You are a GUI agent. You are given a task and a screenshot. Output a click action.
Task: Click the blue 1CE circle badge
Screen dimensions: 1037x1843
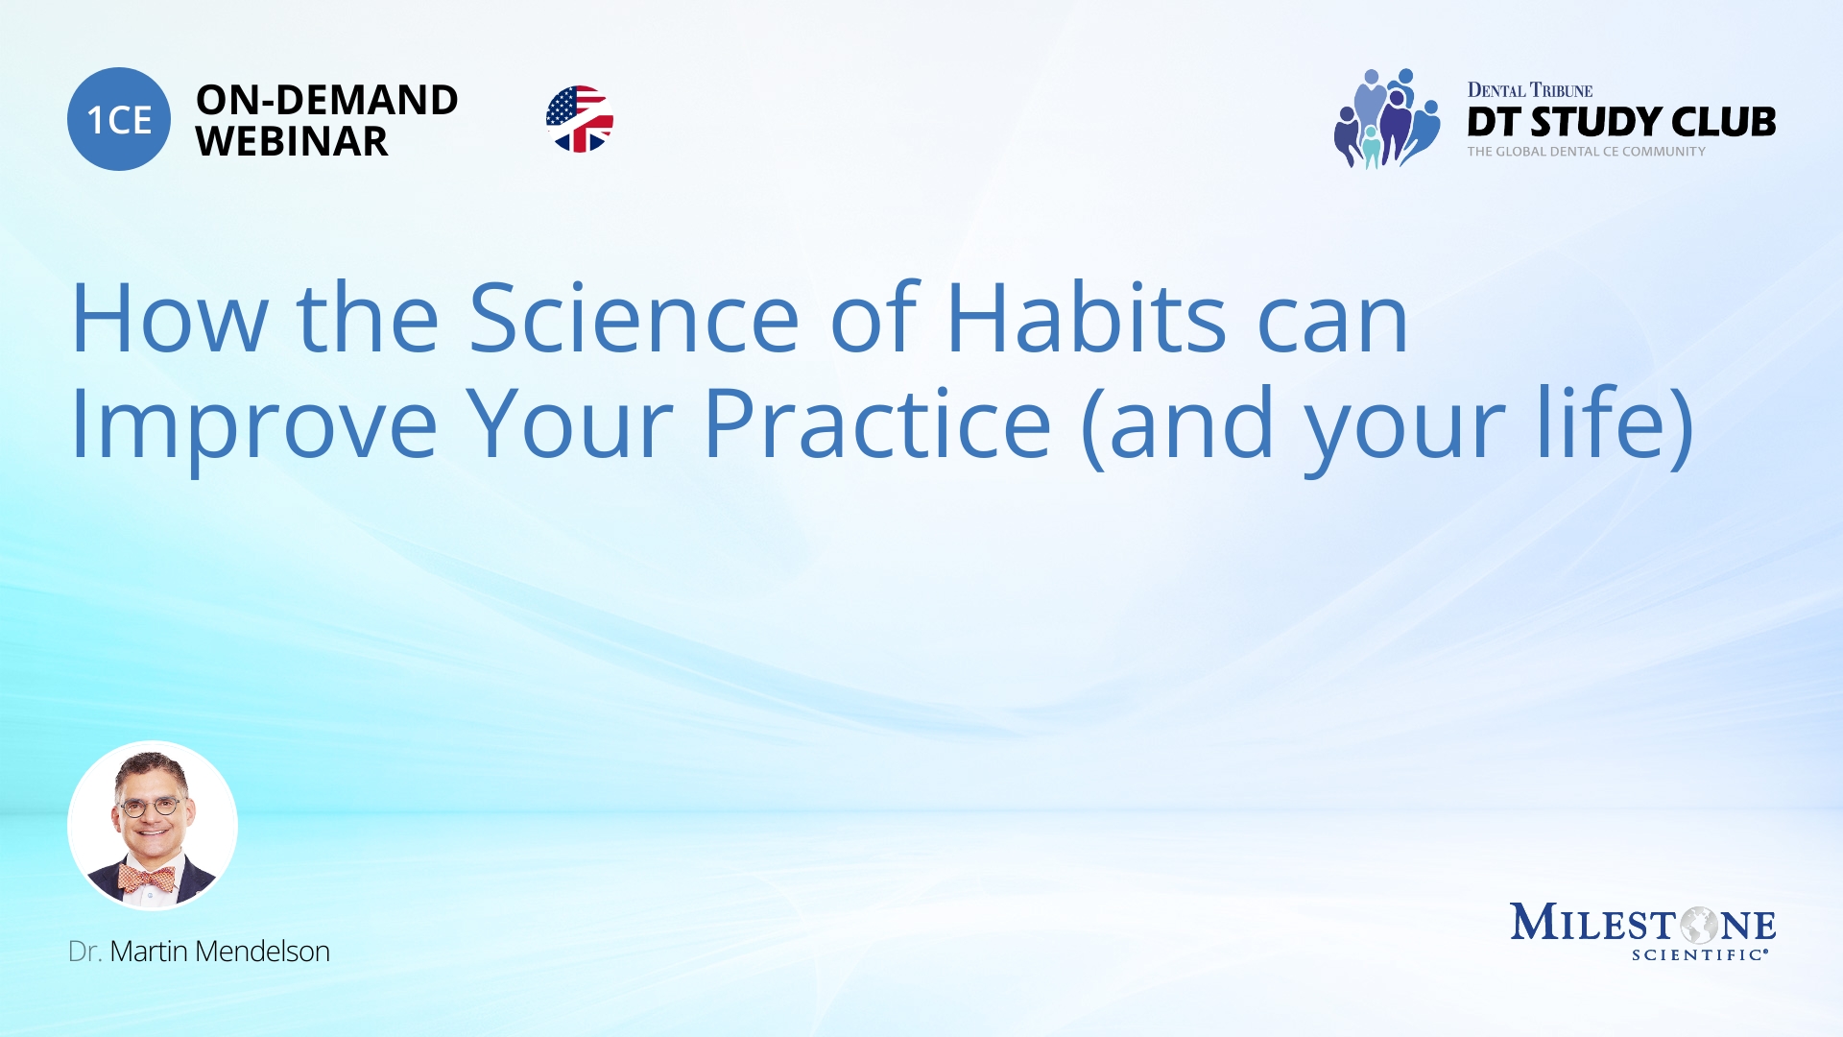click(x=119, y=119)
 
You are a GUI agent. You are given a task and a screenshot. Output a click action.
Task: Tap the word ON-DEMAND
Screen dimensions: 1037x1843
click(x=326, y=100)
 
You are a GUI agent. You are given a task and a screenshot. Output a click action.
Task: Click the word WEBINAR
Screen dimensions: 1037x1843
click(x=292, y=142)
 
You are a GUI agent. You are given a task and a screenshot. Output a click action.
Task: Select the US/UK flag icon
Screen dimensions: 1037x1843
click(x=580, y=119)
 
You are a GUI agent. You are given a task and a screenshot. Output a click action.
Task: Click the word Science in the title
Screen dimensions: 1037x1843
click(x=634, y=319)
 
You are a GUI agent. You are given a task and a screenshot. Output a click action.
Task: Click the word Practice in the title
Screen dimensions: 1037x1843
click(x=877, y=424)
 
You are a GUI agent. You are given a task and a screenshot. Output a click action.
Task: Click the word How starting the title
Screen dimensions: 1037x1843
click(x=169, y=319)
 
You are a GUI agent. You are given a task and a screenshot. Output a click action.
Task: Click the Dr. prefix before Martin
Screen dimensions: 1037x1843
click(x=84, y=952)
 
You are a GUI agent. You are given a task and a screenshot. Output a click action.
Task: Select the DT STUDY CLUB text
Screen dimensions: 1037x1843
click(x=1620, y=122)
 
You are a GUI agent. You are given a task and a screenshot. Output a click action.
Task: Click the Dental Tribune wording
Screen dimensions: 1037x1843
click(x=1529, y=90)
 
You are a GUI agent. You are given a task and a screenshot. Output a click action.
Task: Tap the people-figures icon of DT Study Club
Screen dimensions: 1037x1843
click(x=1386, y=119)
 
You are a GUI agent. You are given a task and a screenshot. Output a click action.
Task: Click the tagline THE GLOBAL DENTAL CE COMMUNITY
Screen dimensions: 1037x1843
click(x=1586, y=152)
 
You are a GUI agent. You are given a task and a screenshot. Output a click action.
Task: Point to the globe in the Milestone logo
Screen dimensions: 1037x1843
click(x=1698, y=926)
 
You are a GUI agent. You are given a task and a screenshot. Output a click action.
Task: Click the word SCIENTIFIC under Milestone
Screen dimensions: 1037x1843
click(x=1697, y=954)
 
